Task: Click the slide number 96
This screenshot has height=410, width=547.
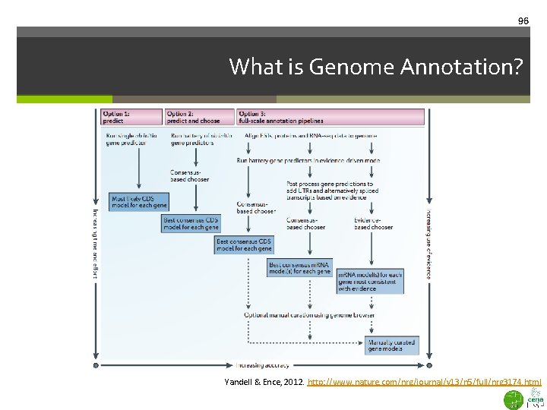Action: [x=523, y=21]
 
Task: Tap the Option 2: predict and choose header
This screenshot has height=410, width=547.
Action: [x=199, y=117]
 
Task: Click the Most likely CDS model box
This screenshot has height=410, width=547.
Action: [x=139, y=202]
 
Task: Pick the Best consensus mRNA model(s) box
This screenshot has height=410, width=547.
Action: [x=299, y=268]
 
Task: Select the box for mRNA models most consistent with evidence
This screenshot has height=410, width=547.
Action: [x=370, y=281]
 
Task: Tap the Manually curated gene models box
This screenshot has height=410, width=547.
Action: [x=391, y=345]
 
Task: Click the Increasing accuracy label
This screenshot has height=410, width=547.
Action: [x=263, y=365]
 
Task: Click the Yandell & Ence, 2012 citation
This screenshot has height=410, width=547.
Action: [x=264, y=383]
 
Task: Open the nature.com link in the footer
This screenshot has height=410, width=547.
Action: [x=424, y=383]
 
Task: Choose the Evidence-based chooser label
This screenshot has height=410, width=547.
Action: [x=373, y=223]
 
